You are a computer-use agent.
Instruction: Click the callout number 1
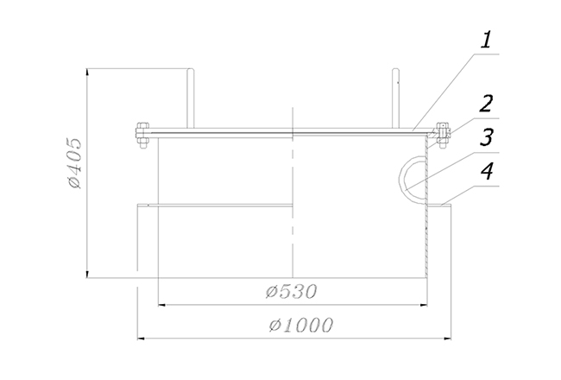[x=486, y=40]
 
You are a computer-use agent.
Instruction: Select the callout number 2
[x=486, y=104]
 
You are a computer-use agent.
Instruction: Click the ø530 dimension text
[x=291, y=292]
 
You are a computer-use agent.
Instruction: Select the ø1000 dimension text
[x=301, y=326]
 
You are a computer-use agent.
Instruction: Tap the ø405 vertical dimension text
[x=75, y=162]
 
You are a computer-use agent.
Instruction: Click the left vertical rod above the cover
[x=191, y=98]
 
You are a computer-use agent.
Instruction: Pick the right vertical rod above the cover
[x=395, y=98]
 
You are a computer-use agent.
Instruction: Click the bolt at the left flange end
[x=142, y=136]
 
